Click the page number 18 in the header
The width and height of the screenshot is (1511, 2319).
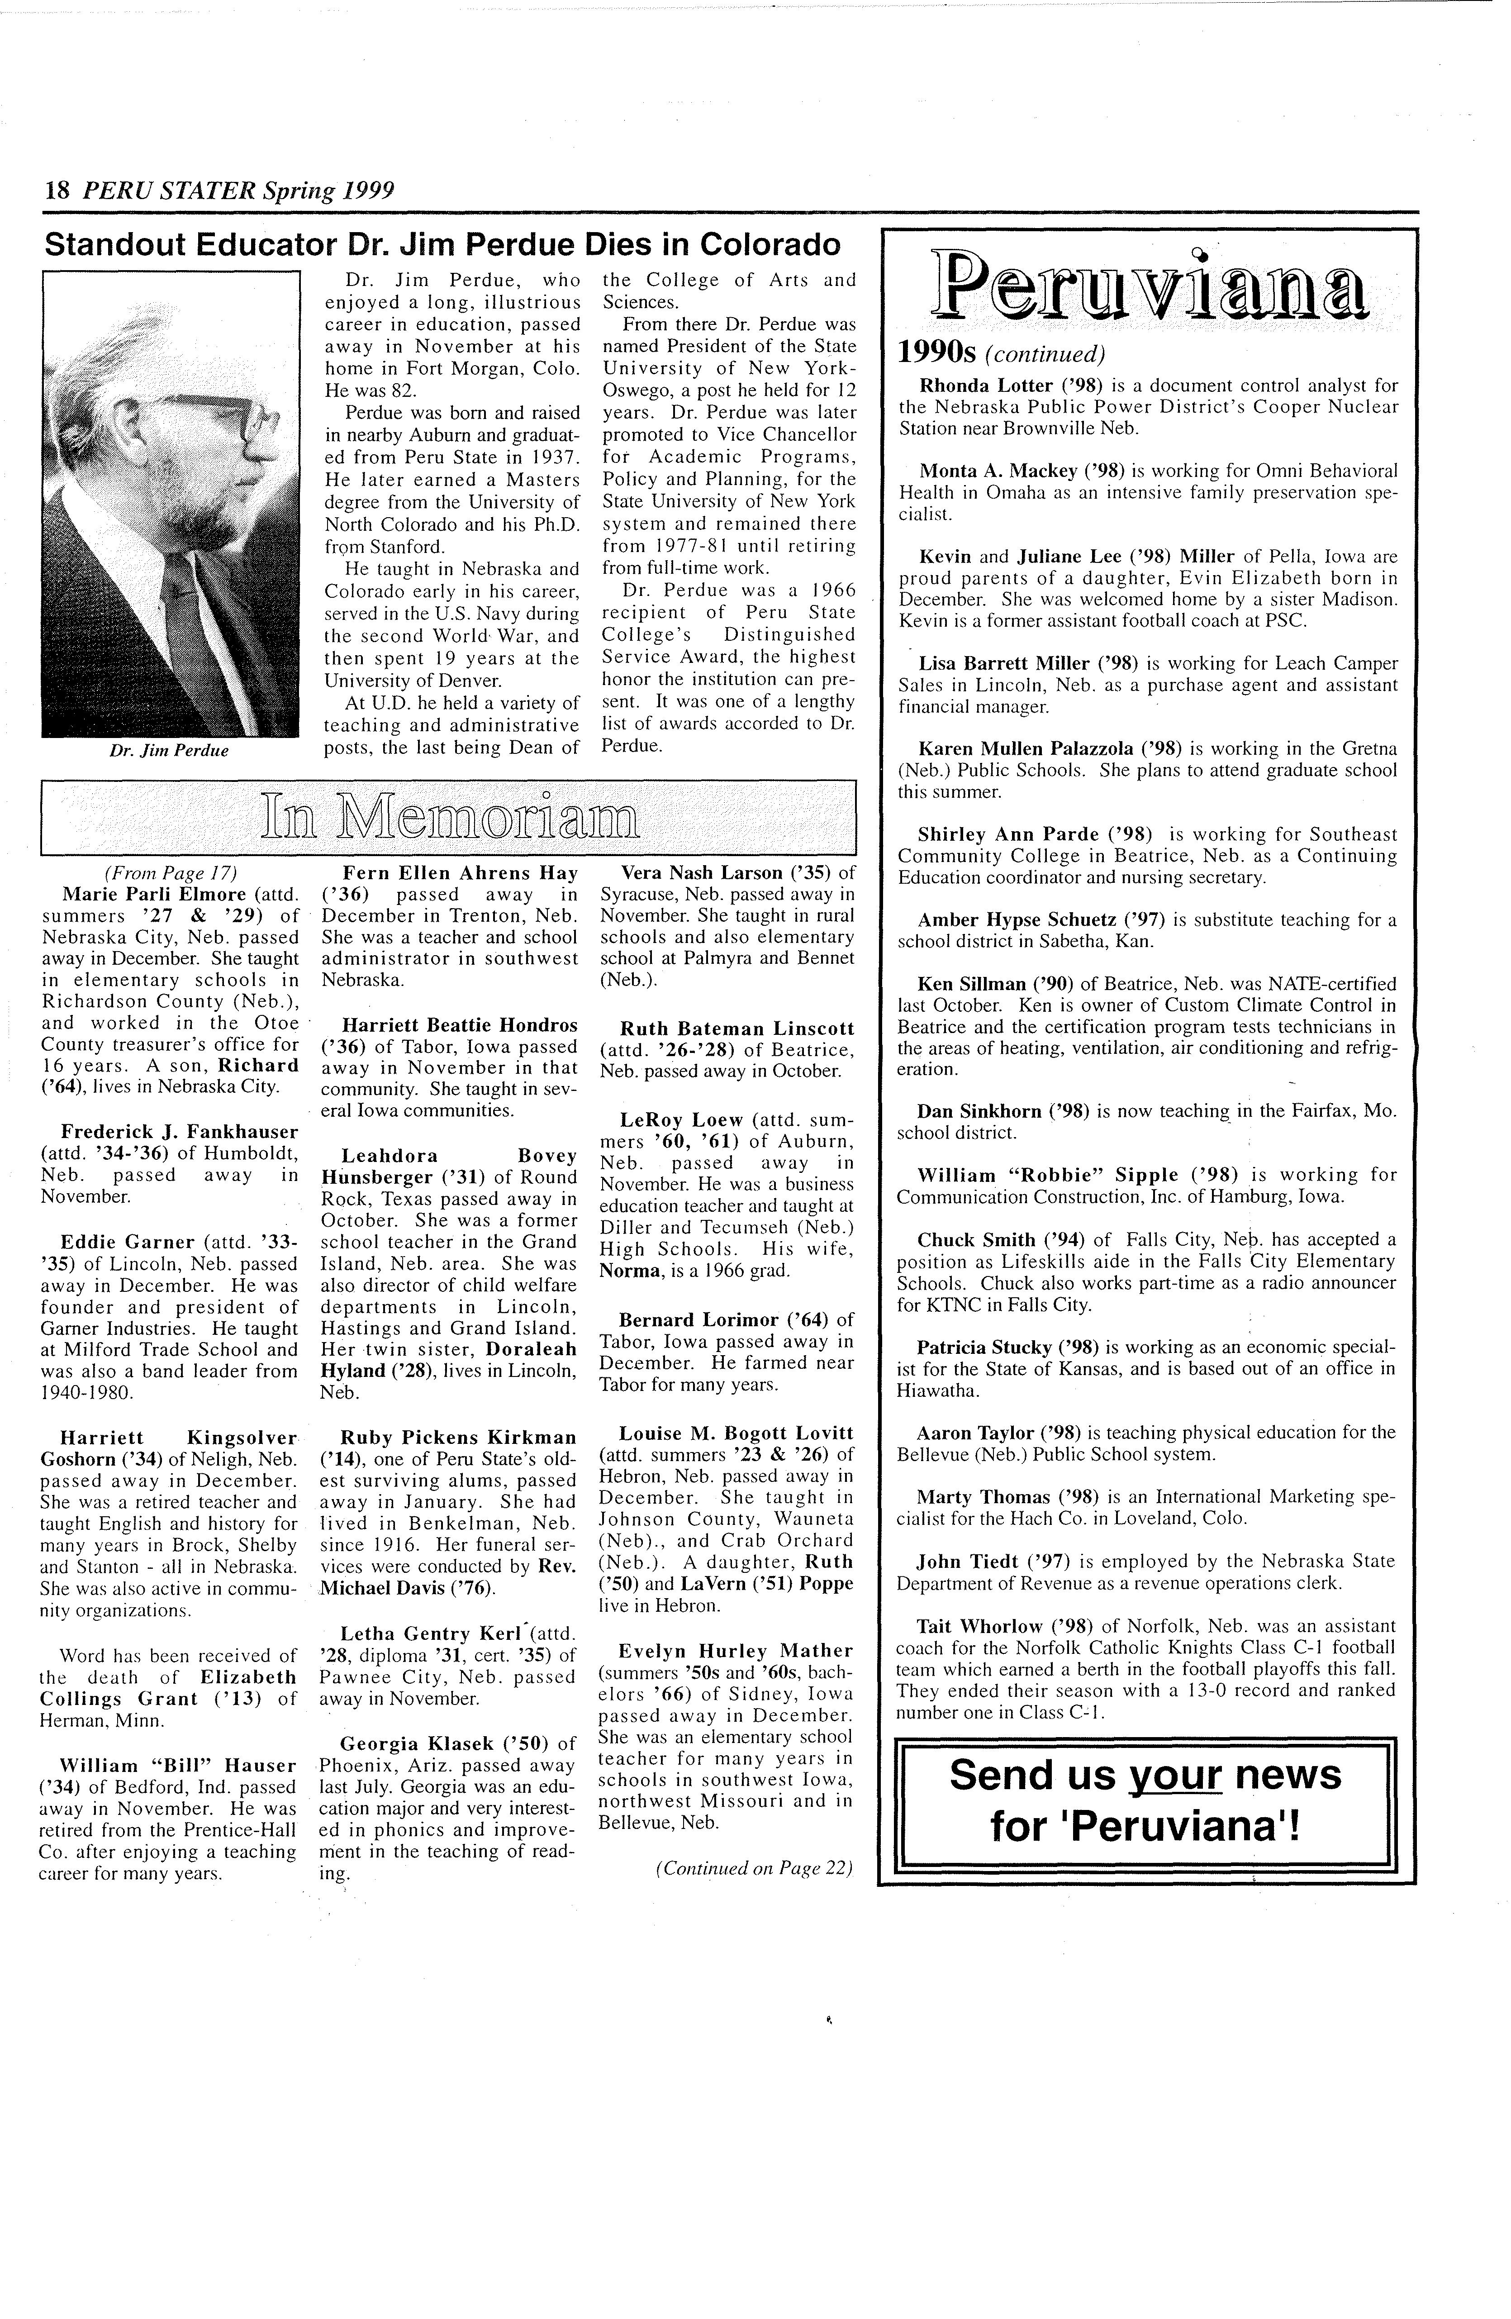pyautogui.click(x=57, y=190)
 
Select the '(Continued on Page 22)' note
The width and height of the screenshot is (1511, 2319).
pyautogui.click(x=754, y=1868)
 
